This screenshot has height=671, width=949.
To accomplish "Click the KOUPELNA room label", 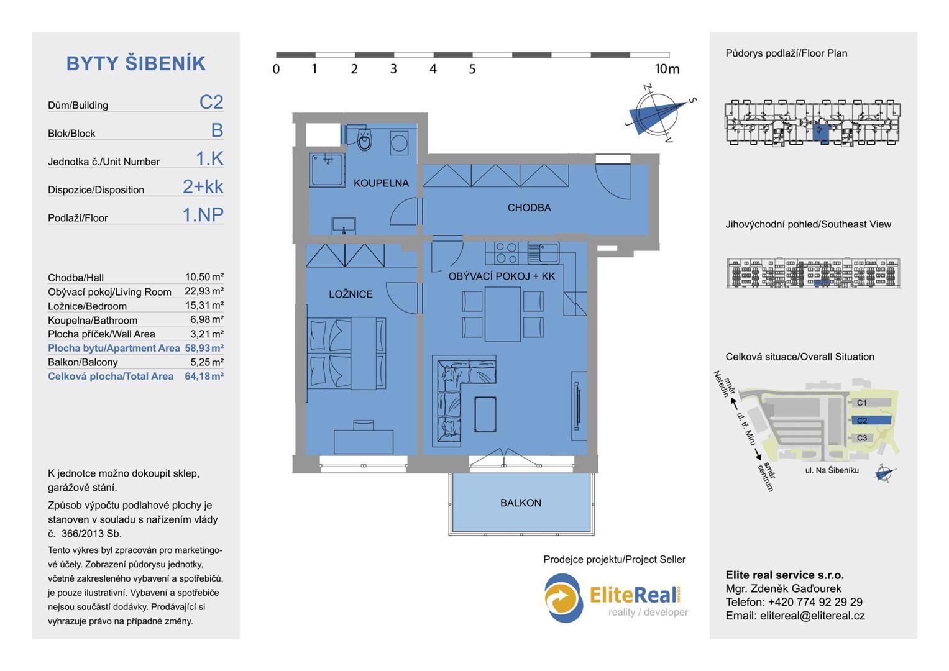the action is click(382, 183).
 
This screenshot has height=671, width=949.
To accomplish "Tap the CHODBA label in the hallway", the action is click(529, 208).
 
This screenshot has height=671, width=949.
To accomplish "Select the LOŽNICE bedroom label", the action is click(351, 294).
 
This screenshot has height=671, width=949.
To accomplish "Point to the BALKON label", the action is click(521, 503).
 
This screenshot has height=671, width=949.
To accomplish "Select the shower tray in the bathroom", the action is click(327, 170).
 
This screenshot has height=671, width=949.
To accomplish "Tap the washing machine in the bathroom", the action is click(399, 143).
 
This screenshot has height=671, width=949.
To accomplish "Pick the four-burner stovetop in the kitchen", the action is click(507, 252).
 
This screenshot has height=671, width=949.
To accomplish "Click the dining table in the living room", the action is click(503, 314).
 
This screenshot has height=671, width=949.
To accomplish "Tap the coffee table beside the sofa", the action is click(485, 414).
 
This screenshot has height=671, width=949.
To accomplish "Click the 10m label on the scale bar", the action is click(667, 68).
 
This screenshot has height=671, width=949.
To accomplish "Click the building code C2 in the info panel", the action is click(211, 102).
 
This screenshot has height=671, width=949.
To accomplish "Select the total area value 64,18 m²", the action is click(204, 376).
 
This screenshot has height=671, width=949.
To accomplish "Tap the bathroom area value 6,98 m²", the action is click(207, 319).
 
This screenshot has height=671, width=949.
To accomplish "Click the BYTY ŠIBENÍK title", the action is click(136, 63).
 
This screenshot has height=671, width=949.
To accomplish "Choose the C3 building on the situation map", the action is click(862, 438).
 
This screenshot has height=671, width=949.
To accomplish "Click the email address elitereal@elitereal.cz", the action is click(812, 616).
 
